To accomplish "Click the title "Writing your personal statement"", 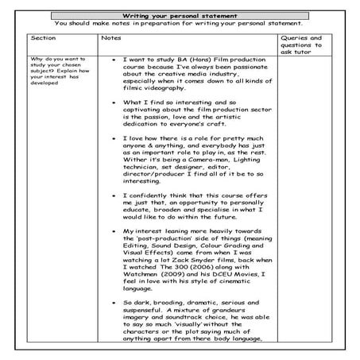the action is click(181, 16).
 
